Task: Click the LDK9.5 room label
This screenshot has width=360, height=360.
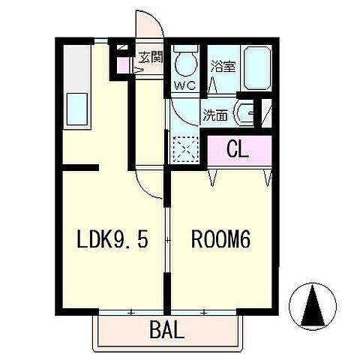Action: pyautogui.click(x=112, y=238)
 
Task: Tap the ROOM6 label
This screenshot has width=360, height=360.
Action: pyautogui.click(x=220, y=238)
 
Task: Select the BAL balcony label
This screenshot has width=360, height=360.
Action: pyautogui.click(x=167, y=329)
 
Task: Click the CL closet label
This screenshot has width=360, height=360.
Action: pyautogui.click(x=238, y=149)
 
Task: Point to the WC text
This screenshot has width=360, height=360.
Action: pyautogui.click(x=185, y=86)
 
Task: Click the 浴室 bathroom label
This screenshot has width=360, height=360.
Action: pyautogui.click(x=223, y=66)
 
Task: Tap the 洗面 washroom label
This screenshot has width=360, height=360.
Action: pyautogui.click(x=215, y=115)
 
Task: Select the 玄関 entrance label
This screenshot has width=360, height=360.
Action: pyautogui.click(x=151, y=58)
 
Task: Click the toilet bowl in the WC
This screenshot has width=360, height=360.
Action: pyautogui.click(x=186, y=64)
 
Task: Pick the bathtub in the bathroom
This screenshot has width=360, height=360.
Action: pyautogui.click(x=257, y=67)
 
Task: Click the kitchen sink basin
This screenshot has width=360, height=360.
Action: pyautogui.click(x=77, y=109)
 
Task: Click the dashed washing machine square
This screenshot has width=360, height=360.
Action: pyautogui.click(x=186, y=149)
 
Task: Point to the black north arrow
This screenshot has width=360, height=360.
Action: pyautogui.click(x=313, y=306)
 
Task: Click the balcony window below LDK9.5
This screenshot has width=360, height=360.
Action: pyautogui.click(x=131, y=313)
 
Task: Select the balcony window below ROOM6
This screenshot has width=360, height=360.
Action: pyautogui.click(x=204, y=313)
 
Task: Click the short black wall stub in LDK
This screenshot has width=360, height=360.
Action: pyautogui.click(x=80, y=167)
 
